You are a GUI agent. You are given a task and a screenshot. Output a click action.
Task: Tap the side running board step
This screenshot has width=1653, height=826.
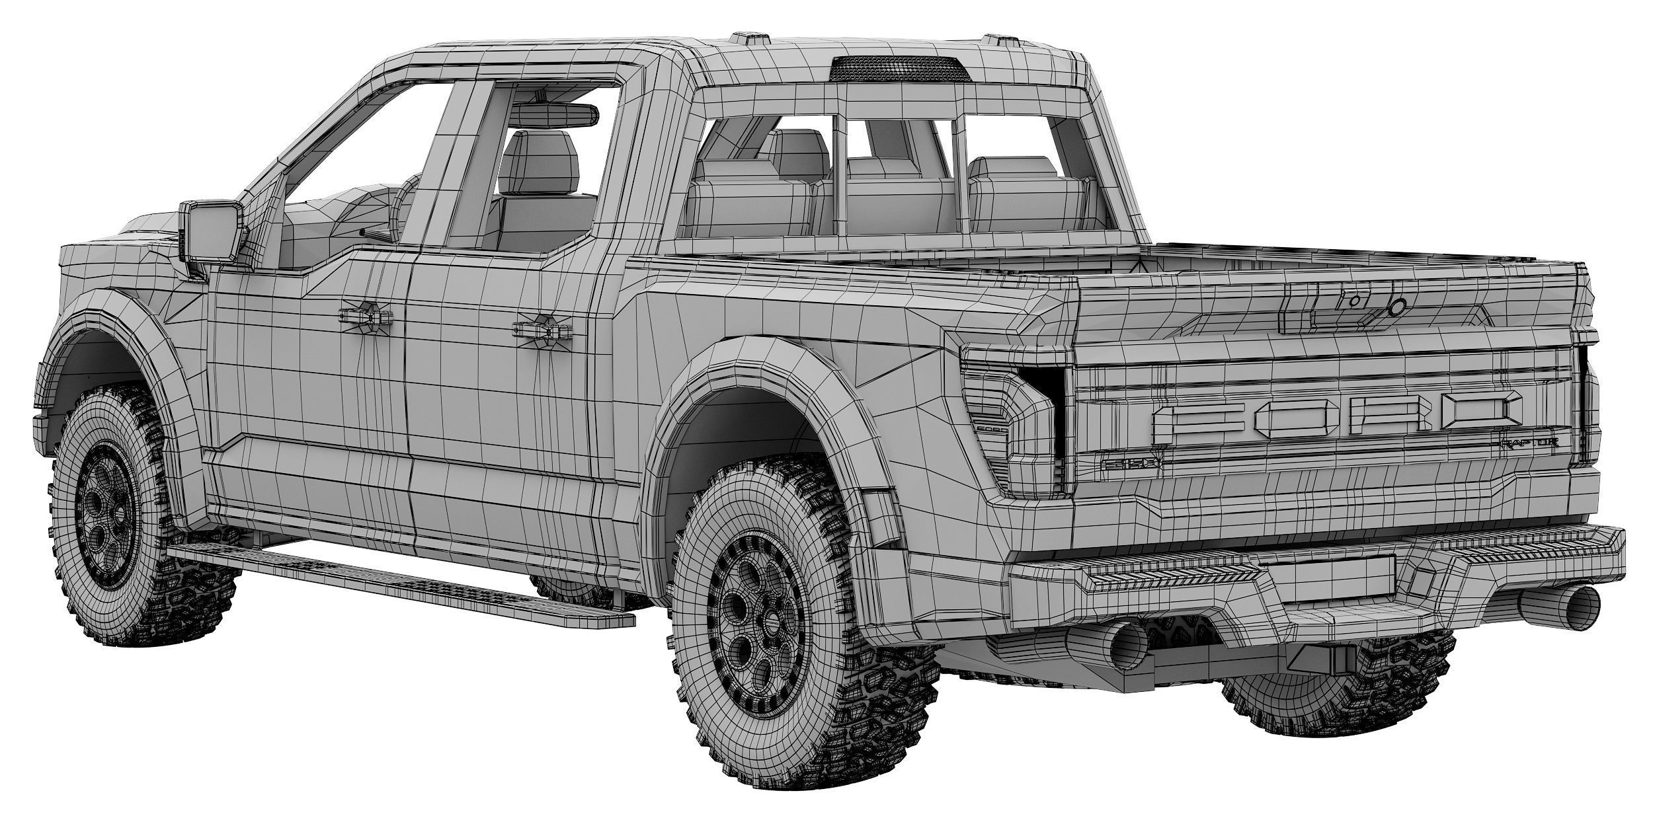pyautogui.click(x=397, y=577)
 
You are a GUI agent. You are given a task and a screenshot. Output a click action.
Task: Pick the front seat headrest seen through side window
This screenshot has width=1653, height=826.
pyautogui.click(x=539, y=161)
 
